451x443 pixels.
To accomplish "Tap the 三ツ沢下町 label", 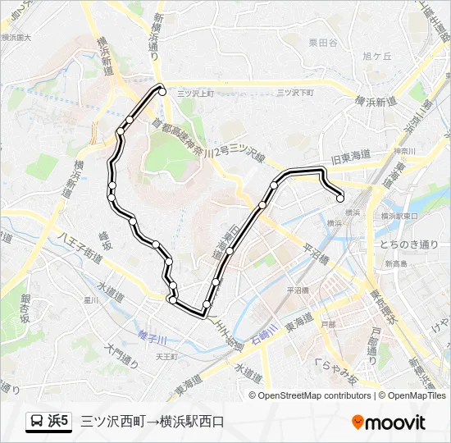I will [294, 94].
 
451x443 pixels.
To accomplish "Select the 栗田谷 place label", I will [322, 43].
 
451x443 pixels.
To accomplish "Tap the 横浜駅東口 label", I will [400, 215].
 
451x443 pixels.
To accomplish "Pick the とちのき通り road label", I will [410, 244].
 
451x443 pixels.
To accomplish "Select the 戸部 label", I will [328, 325].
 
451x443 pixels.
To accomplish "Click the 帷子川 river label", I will [152, 339].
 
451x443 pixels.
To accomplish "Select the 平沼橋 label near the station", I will [297, 290].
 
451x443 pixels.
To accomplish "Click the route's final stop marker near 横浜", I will [340, 197].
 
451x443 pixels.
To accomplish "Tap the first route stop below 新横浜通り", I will [162, 92].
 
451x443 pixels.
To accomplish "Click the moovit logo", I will [389, 422].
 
